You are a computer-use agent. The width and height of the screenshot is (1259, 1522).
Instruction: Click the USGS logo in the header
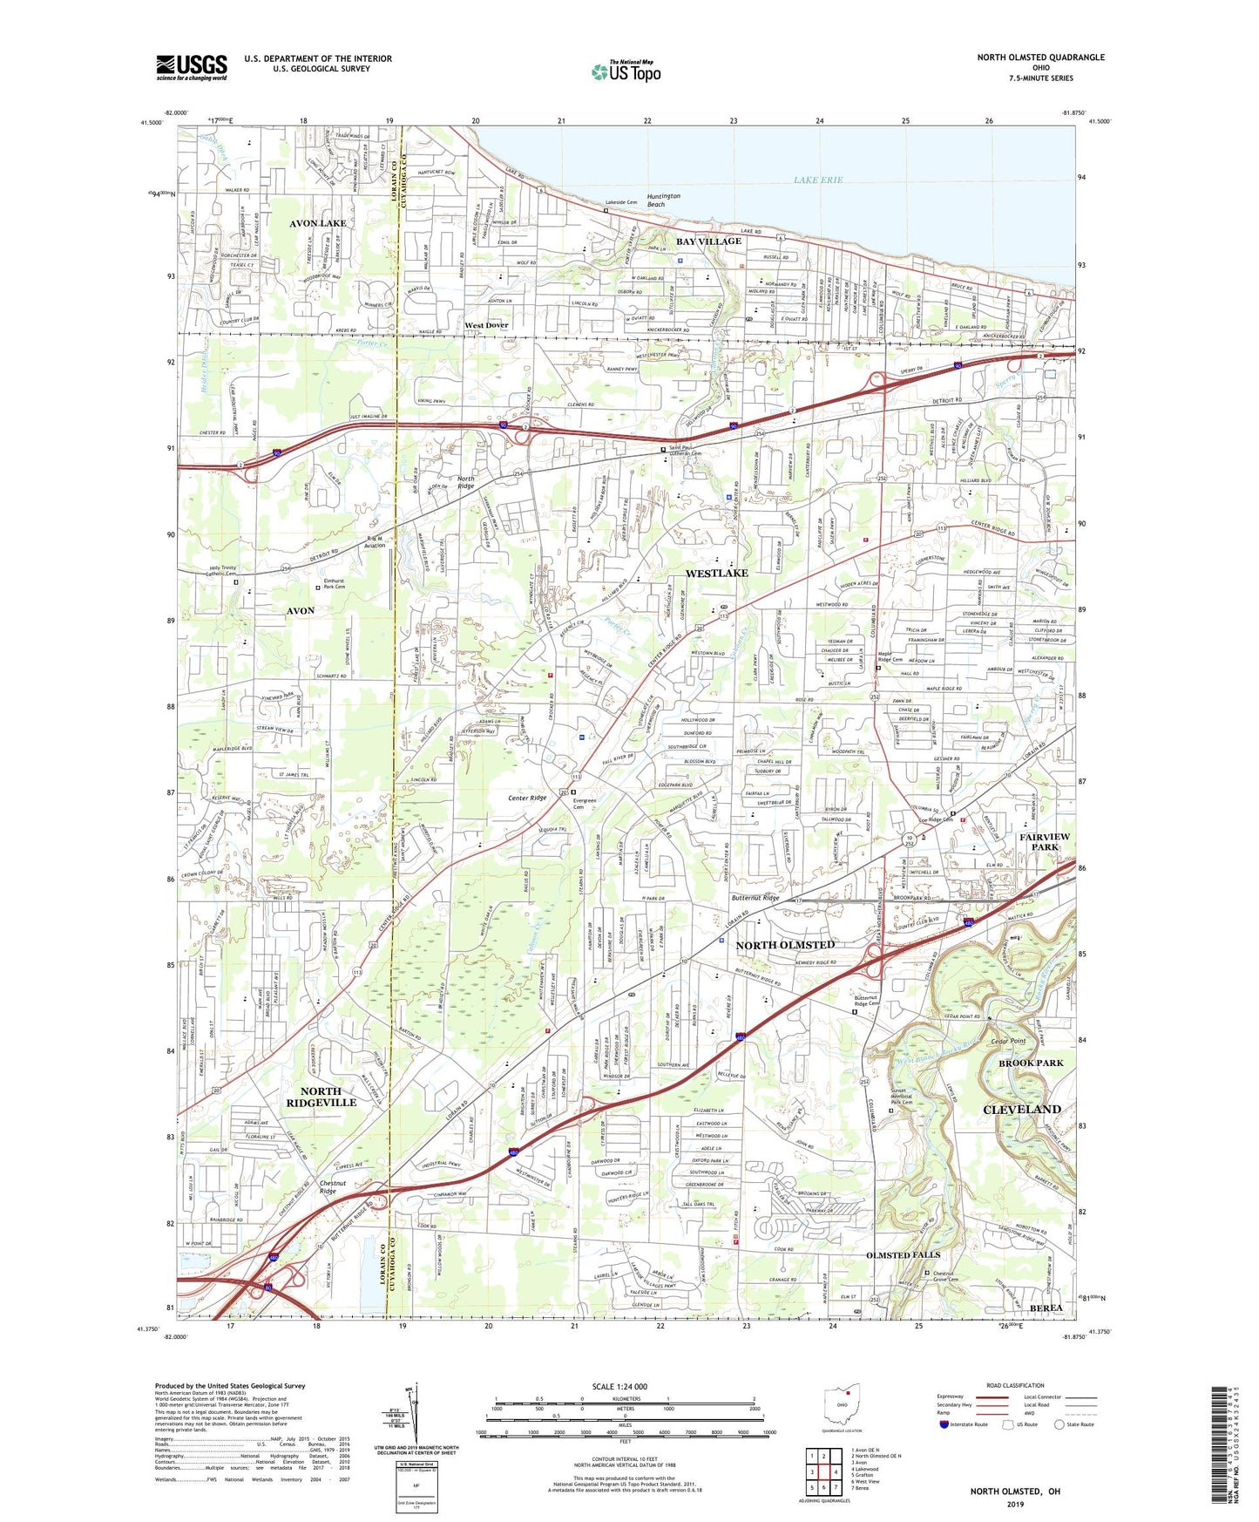click(x=192, y=67)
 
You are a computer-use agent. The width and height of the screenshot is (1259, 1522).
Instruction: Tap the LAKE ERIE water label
click(x=817, y=180)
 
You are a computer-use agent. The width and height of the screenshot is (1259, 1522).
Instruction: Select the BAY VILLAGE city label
click(x=709, y=241)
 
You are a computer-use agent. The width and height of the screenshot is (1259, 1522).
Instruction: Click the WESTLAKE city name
click(x=716, y=574)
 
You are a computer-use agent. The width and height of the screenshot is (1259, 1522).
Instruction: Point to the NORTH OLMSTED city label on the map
click(x=785, y=945)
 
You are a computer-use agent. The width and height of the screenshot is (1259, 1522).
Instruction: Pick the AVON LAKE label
click(x=318, y=223)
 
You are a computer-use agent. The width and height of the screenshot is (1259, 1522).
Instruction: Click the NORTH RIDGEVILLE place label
click(x=328, y=1097)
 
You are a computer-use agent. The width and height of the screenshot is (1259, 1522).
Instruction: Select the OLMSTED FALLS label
click(x=903, y=1254)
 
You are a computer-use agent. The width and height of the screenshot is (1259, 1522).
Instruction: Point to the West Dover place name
click(x=486, y=325)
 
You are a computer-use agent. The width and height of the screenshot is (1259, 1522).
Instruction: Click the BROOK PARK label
click(x=1031, y=1063)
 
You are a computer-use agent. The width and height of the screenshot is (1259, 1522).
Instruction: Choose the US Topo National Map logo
click(x=626, y=71)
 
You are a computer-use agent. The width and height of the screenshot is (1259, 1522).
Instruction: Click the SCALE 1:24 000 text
click(x=619, y=1386)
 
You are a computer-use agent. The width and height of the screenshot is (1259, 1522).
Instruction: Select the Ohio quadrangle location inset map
click(x=841, y=1407)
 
